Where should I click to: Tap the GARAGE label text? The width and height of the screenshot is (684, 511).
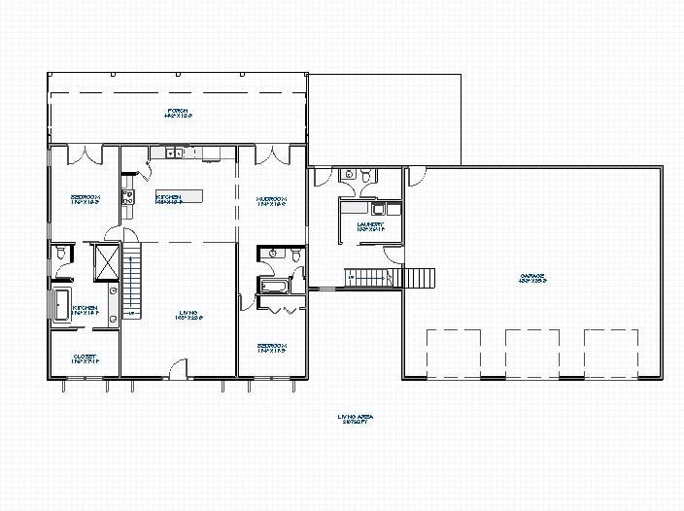click(532, 279)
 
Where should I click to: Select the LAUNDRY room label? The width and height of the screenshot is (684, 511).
click(370, 226)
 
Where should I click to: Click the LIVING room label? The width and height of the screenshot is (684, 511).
click(188, 316)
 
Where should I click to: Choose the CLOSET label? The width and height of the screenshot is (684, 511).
click(85, 358)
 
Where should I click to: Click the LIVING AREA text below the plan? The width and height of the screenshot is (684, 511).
click(356, 420)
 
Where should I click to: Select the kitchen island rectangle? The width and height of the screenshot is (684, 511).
click(174, 195)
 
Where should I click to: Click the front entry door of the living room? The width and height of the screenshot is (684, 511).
click(178, 369)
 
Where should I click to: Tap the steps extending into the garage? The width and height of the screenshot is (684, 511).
click(419, 278)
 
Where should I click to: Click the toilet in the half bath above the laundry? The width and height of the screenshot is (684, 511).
click(364, 177)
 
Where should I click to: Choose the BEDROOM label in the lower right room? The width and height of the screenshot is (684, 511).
click(271, 347)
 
